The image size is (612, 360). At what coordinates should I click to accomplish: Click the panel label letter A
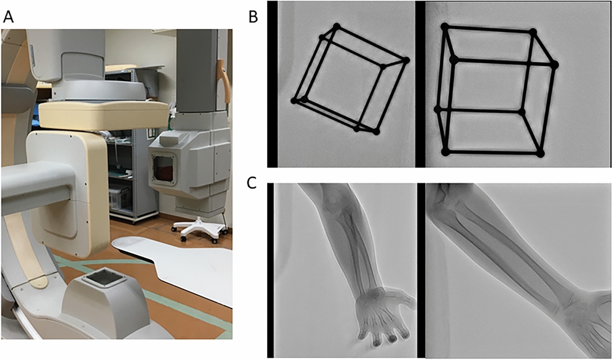click(8, 17)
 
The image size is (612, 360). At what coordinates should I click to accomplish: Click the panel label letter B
click(253, 17)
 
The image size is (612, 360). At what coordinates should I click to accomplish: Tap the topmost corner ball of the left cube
click(336, 26)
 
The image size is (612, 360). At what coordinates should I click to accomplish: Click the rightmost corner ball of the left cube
click(406, 60)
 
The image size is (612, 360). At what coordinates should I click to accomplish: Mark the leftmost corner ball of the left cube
click(294, 101)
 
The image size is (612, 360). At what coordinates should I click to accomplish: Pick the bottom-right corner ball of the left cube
click(377, 131)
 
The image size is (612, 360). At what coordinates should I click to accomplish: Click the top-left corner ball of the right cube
click(445, 27)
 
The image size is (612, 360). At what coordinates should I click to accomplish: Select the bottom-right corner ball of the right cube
click(540, 154)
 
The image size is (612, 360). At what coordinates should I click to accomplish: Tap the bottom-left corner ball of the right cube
click(445, 151)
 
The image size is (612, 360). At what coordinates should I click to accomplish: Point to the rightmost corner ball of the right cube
click(554, 65)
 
